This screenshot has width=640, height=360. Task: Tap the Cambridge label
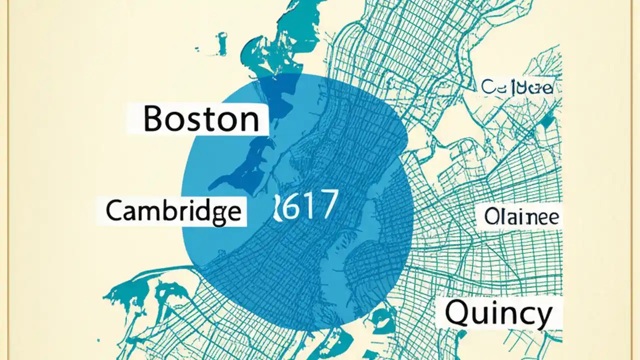coord(173,212)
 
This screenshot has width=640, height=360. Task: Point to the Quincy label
coord(498,313)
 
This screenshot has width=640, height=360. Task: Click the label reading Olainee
coord(521,217)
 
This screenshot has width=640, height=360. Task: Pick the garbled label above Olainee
coord(517,87)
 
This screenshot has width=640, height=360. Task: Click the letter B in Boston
coord(153,119)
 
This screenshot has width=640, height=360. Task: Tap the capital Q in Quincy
coord(456,313)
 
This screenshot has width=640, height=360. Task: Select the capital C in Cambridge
coord(113,211)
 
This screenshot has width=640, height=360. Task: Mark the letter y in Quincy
coord(542,316)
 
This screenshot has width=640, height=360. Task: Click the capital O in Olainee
coord(491,217)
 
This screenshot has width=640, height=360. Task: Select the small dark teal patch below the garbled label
coord(548,120)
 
